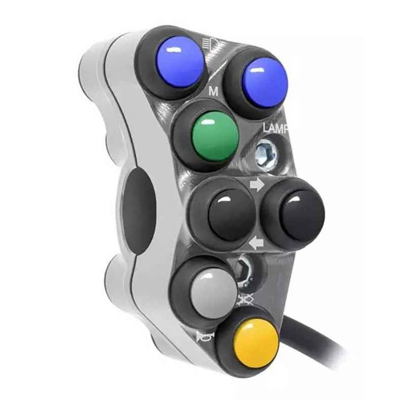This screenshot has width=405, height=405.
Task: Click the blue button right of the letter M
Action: tap(265, 80)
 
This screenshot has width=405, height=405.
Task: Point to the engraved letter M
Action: tap(213, 92)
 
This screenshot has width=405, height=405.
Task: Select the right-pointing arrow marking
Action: tap(257, 185)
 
